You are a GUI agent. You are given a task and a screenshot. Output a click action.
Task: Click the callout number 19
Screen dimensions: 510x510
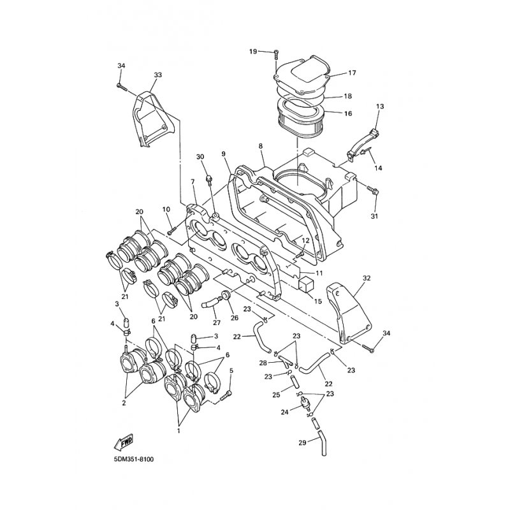252,52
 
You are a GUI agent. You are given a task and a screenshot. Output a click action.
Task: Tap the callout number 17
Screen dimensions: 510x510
351,73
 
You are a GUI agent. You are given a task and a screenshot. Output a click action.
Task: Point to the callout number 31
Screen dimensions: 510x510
375,215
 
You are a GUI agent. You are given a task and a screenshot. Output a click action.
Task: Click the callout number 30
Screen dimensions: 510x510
200,157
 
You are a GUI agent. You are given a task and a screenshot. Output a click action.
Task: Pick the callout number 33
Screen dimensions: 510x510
157,75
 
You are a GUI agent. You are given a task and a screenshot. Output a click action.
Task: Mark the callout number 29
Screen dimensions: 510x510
302,442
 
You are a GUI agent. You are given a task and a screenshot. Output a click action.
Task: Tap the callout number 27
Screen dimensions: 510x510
216,323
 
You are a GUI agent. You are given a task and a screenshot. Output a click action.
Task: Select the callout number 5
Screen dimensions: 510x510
231,370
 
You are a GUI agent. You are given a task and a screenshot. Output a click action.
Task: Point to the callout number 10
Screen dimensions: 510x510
166,209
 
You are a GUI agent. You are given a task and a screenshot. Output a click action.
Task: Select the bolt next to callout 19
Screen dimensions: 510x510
275,55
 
